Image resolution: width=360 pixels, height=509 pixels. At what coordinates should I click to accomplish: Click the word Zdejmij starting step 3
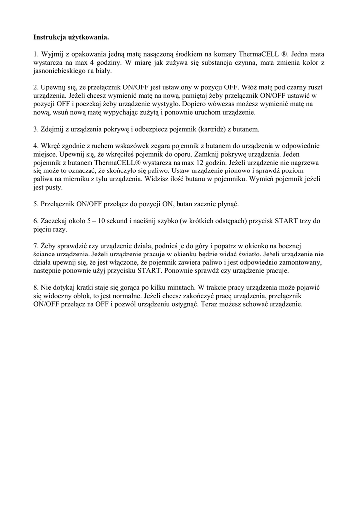click(x=55, y=129)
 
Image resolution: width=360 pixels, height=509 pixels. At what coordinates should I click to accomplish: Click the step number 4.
click(x=35, y=146)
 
